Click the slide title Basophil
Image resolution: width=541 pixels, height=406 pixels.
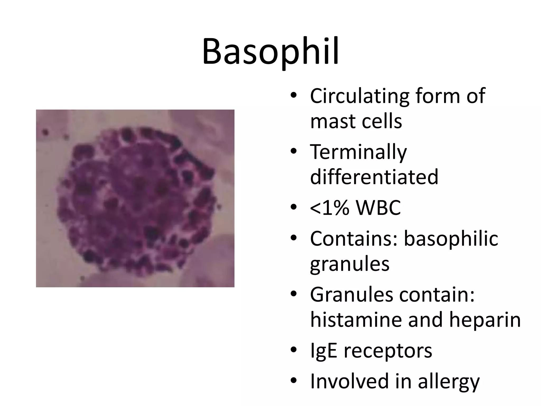tap(270, 52)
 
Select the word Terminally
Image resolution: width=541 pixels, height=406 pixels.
tap(358, 153)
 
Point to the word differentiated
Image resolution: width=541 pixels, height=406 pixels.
tap(374, 177)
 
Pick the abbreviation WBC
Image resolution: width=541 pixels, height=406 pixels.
tap(378, 208)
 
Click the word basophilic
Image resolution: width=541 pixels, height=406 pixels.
tap(451, 239)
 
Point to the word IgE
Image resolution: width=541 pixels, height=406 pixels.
tap(323, 351)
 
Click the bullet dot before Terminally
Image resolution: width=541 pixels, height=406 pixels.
tap(293, 152)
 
